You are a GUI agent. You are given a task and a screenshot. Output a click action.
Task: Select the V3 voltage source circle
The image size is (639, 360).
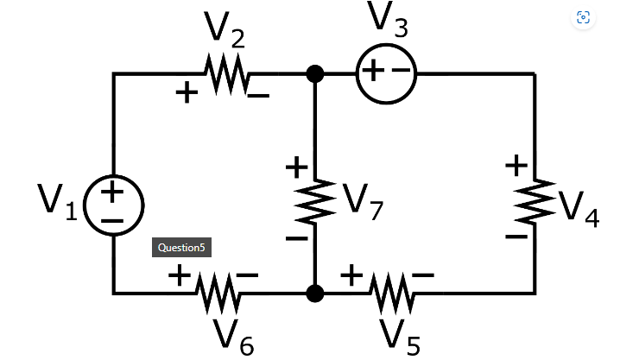click(385, 74)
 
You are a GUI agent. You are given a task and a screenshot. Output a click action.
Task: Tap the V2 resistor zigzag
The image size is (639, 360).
click(226, 74)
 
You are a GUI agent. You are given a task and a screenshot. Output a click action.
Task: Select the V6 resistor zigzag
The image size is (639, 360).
click(218, 294)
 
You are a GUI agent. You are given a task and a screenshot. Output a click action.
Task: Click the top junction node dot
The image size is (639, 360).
click(315, 74)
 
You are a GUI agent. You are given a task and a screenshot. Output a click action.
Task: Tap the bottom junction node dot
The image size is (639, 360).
click(315, 294)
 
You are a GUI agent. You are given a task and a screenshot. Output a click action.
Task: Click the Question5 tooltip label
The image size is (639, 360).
click(180, 248)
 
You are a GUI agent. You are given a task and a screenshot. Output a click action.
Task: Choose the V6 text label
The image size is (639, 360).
click(235, 336)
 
